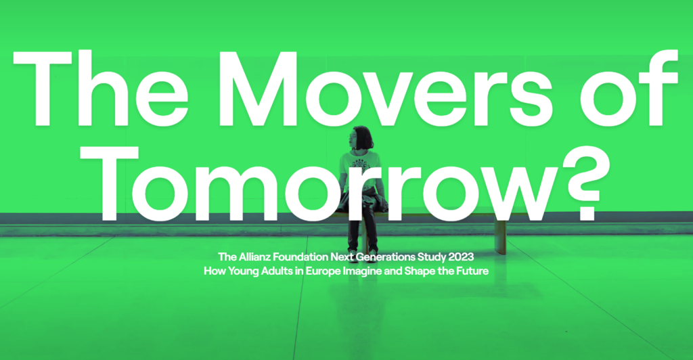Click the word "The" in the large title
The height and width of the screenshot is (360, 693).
pos(102,89)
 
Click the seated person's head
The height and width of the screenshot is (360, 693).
pos(361,138)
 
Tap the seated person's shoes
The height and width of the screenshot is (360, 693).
pos(363,253)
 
